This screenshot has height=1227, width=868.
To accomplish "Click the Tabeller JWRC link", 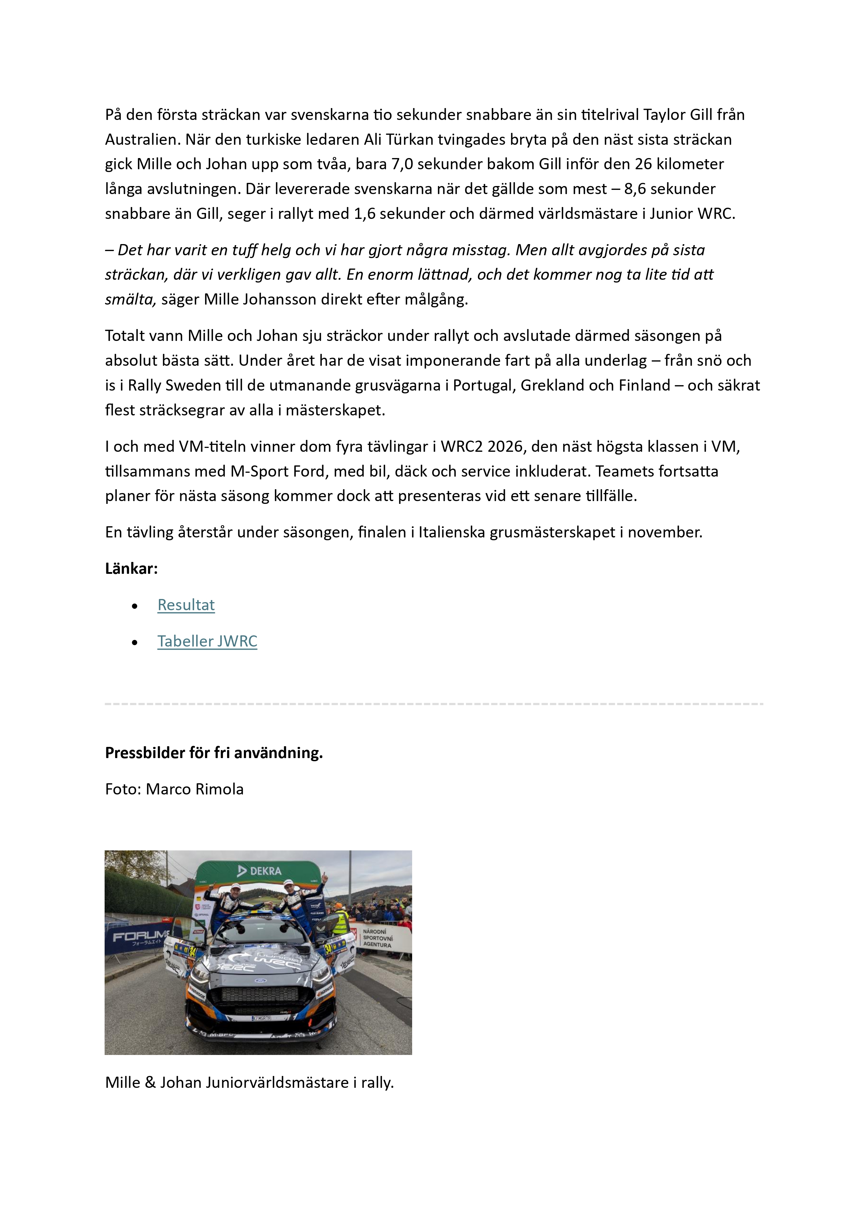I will click(207, 641).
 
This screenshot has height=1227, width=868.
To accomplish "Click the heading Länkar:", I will click(132, 569).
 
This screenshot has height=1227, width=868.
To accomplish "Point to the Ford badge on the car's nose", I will click(260, 980).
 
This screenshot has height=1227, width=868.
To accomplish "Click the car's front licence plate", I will click(262, 1018).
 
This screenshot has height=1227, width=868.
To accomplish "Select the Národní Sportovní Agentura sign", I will click(378, 938).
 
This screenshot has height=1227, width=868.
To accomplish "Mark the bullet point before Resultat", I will click(135, 606).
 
